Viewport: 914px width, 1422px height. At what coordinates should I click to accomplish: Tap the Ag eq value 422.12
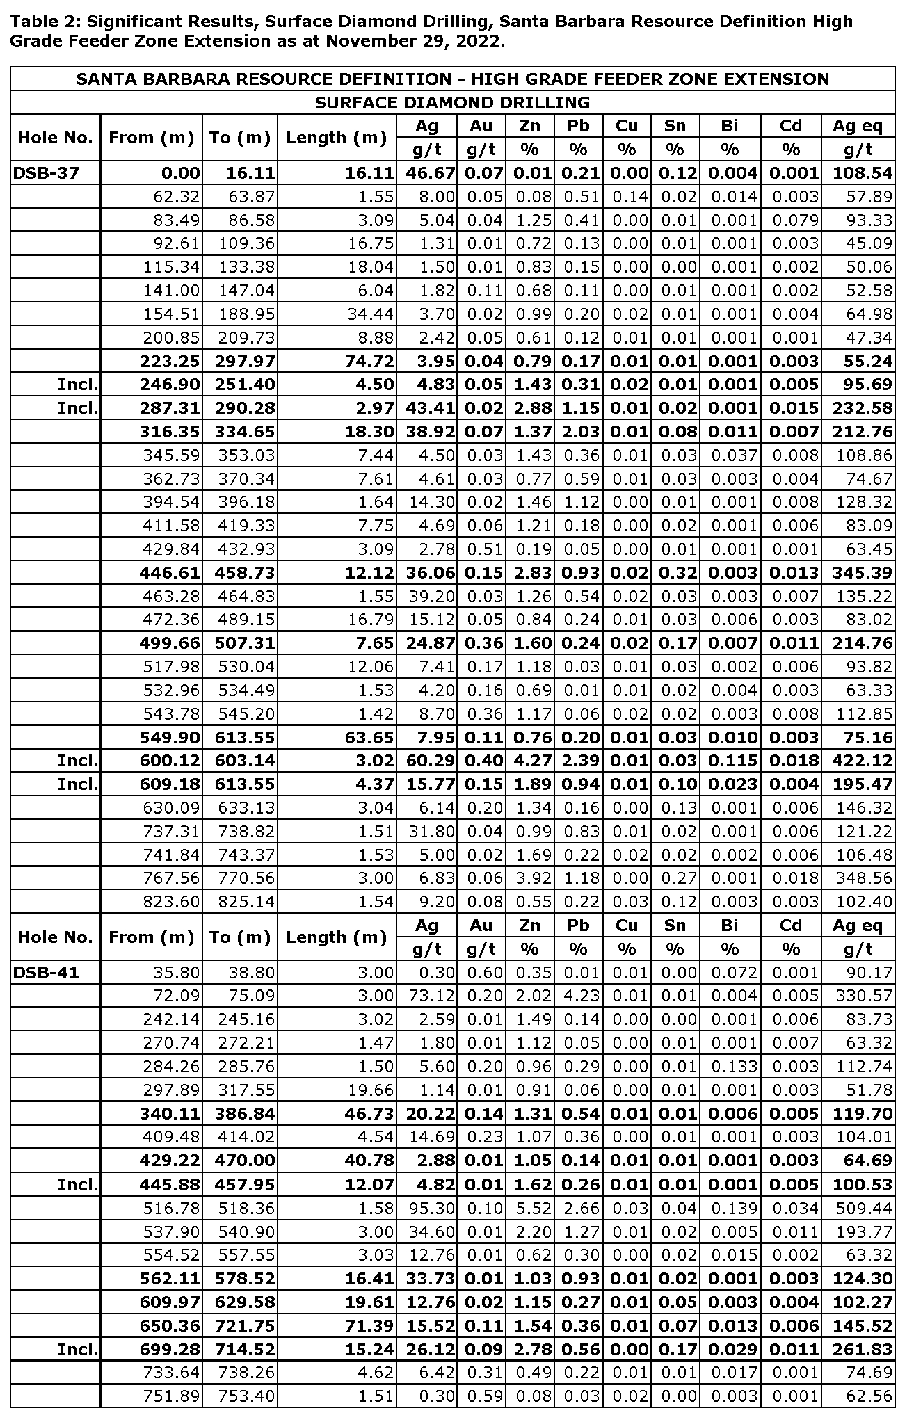point(863,761)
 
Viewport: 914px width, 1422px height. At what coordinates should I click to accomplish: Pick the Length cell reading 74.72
point(371,362)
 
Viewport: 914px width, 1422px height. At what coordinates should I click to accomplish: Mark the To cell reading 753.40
point(246,1396)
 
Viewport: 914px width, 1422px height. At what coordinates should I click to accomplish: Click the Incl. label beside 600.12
point(78,761)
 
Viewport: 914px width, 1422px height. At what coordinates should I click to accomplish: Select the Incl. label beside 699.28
point(78,1349)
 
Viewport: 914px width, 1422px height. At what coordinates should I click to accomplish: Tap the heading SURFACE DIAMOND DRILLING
point(452,103)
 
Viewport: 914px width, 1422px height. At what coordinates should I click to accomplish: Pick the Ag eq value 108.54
point(863,173)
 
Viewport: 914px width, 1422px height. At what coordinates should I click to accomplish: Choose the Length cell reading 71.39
point(371,1325)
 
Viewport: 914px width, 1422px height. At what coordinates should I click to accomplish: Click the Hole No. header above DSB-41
point(55,937)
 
